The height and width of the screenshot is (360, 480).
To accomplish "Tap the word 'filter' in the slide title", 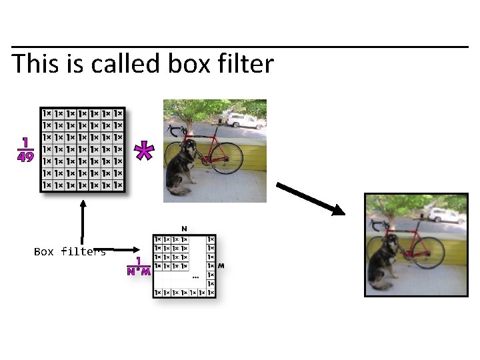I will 245,63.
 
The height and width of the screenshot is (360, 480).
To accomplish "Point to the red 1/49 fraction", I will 26,150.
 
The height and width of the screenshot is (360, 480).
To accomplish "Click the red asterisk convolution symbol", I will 143,151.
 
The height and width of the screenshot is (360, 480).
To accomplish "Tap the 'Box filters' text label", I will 69,251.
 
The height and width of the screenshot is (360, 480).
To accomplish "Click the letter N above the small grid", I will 184,228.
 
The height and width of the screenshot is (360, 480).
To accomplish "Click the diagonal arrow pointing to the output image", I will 310,199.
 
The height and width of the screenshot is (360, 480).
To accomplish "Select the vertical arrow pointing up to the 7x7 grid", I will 83,223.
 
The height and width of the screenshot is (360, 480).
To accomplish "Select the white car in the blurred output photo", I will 445,215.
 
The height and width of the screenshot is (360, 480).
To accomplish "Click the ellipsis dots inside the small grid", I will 195,277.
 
